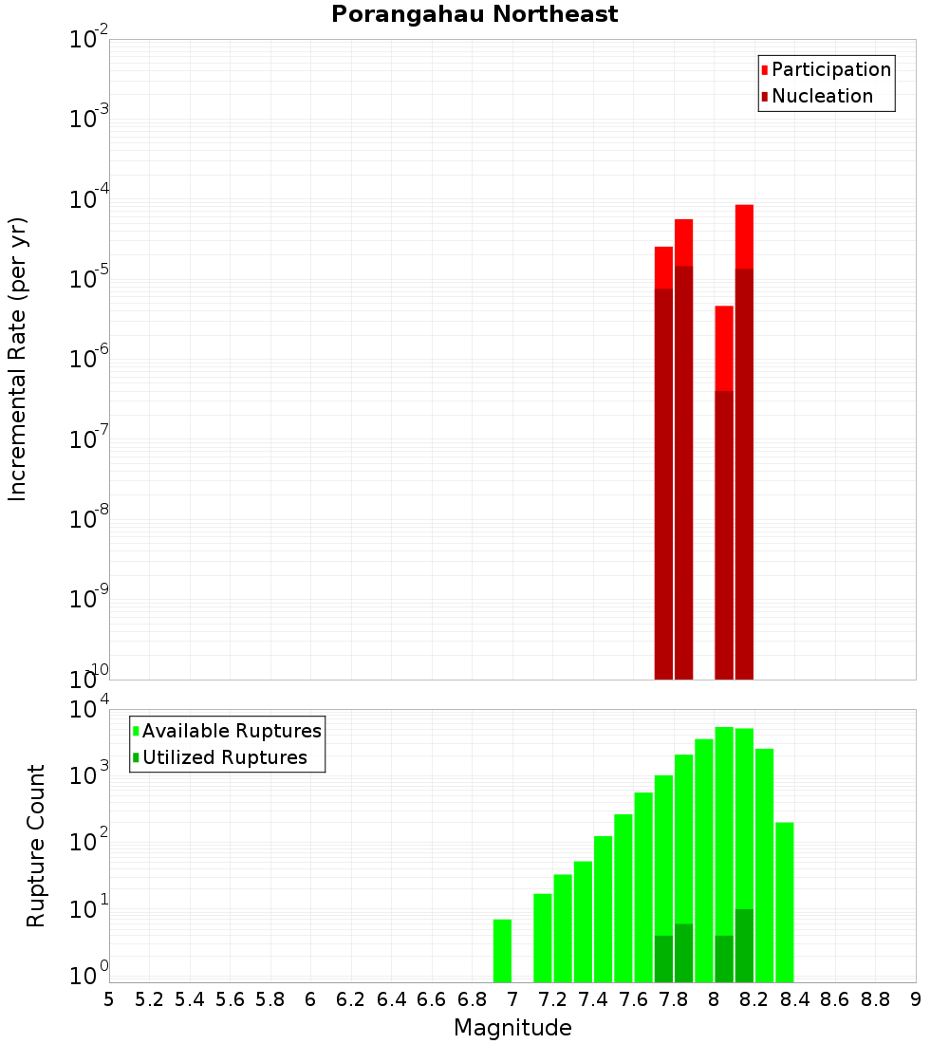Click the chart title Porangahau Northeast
pyautogui.click(x=474, y=15)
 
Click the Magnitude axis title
pyautogui.click(x=512, y=1028)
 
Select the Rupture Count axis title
pyautogui.click(x=36, y=846)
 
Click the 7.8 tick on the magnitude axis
pyautogui.click(x=674, y=999)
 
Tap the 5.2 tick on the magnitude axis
pyautogui.click(x=149, y=999)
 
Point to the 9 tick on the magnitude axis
pyautogui.click(x=916, y=999)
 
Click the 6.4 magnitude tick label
pyautogui.click(x=391, y=999)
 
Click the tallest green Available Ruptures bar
pyautogui.click(x=724, y=854)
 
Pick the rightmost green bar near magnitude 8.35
pyautogui.click(x=784, y=902)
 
